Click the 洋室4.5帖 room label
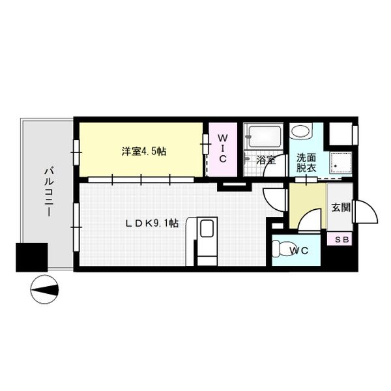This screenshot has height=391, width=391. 144,151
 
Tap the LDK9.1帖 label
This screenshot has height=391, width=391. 152,223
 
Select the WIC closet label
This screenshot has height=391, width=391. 222,148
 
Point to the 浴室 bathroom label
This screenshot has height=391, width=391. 266,160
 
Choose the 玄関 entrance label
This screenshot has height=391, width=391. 341,207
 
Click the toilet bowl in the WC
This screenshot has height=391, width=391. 281,248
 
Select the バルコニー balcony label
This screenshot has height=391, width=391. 49,192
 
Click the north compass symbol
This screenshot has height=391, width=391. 44,289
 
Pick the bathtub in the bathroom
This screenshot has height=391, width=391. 265,136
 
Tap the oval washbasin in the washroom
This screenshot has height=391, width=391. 300,131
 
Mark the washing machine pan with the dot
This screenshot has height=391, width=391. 340,162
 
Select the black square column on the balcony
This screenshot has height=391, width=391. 32,257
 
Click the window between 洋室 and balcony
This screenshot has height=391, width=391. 76,152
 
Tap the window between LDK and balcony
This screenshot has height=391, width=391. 76,227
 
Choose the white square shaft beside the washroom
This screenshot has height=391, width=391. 341,134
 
